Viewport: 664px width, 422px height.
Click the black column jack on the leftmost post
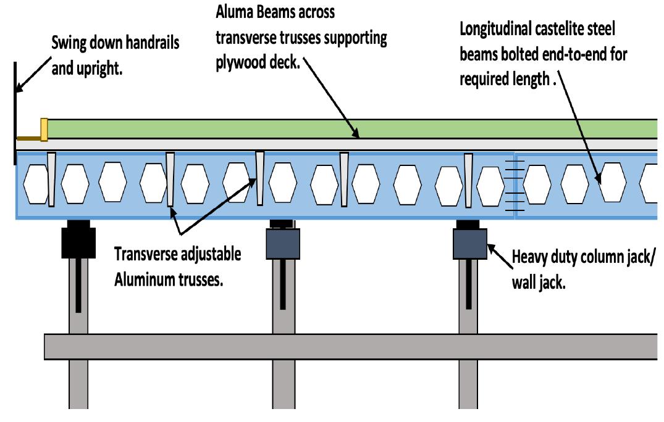click(78, 242)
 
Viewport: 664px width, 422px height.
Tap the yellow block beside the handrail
click(44, 129)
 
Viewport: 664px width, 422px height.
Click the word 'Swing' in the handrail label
click(70, 44)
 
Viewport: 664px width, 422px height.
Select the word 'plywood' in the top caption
click(240, 65)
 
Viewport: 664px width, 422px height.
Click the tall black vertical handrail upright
click(14, 111)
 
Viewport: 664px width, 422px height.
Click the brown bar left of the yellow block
click(28, 137)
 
